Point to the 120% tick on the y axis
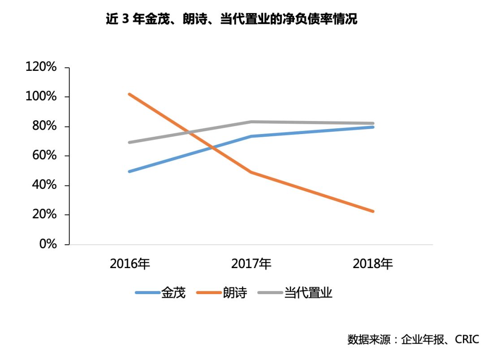coord(41,68)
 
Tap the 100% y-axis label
coord(41,97)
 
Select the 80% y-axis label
coord(43,126)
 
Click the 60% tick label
coord(43,156)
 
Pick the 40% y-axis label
coord(43,185)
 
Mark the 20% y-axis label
coord(43,215)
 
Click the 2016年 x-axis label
coord(130,264)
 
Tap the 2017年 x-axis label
coord(251,264)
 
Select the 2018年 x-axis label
coord(373,264)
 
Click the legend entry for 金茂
coord(160,293)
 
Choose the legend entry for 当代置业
coord(295,293)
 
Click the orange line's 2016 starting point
coord(130,94)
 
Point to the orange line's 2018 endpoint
coord(373,211)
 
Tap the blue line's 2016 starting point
coord(130,171)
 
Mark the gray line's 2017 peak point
coord(251,121)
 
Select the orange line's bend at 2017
coord(251,172)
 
